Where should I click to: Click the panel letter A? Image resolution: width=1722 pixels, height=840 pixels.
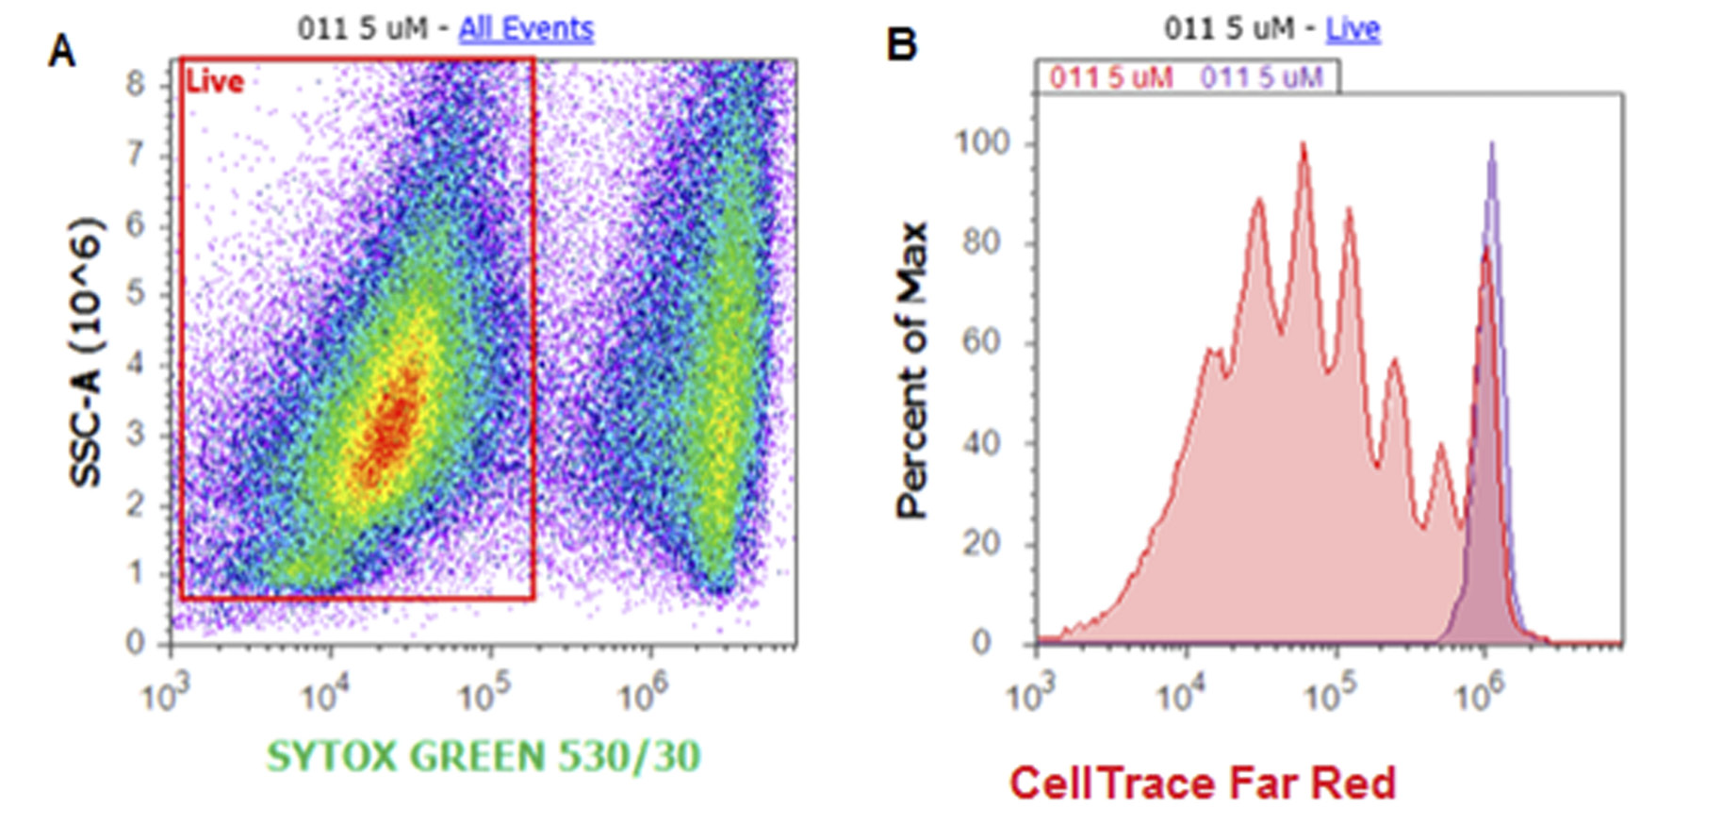pyautogui.click(x=62, y=51)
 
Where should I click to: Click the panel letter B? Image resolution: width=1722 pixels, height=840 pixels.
pyautogui.click(x=902, y=44)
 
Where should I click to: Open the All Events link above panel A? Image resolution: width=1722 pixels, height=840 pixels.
pyautogui.click(x=526, y=29)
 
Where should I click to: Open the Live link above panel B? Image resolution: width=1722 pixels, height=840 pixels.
pyautogui.click(x=1353, y=29)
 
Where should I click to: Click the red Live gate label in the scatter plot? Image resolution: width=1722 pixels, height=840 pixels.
pyautogui.click(x=215, y=82)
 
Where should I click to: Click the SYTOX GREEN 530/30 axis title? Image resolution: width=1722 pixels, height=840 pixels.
pyautogui.click(x=484, y=757)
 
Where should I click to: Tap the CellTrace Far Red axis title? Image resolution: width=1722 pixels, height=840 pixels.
pyautogui.click(x=1203, y=783)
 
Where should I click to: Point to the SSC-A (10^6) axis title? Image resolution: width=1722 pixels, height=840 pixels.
pyautogui.click(x=87, y=354)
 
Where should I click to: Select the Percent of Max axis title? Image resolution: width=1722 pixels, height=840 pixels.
pyautogui.click(x=912, y=371)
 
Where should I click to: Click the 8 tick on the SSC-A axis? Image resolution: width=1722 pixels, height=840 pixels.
pyautogui.click(x=137, y=85)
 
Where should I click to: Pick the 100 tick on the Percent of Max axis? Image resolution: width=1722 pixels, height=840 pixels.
pyautogui.click(x=982, y=143)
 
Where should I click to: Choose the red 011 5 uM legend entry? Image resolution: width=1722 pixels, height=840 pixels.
pyautogui.click(x=1111, y=77)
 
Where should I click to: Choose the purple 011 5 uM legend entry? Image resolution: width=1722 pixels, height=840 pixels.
pyautogui.click(x=1261, y=77)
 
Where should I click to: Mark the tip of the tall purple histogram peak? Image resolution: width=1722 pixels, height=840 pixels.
pyautogui.click(x=1491, y=144)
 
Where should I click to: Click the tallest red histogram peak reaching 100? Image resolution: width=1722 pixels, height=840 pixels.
pyautogui.click(x=1304, y=144)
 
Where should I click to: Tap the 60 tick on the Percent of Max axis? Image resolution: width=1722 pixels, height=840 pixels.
pyautogui.click(x=982, y=342)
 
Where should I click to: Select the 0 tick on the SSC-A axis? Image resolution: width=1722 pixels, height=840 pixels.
pyautogui.click(x=137, y=644)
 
